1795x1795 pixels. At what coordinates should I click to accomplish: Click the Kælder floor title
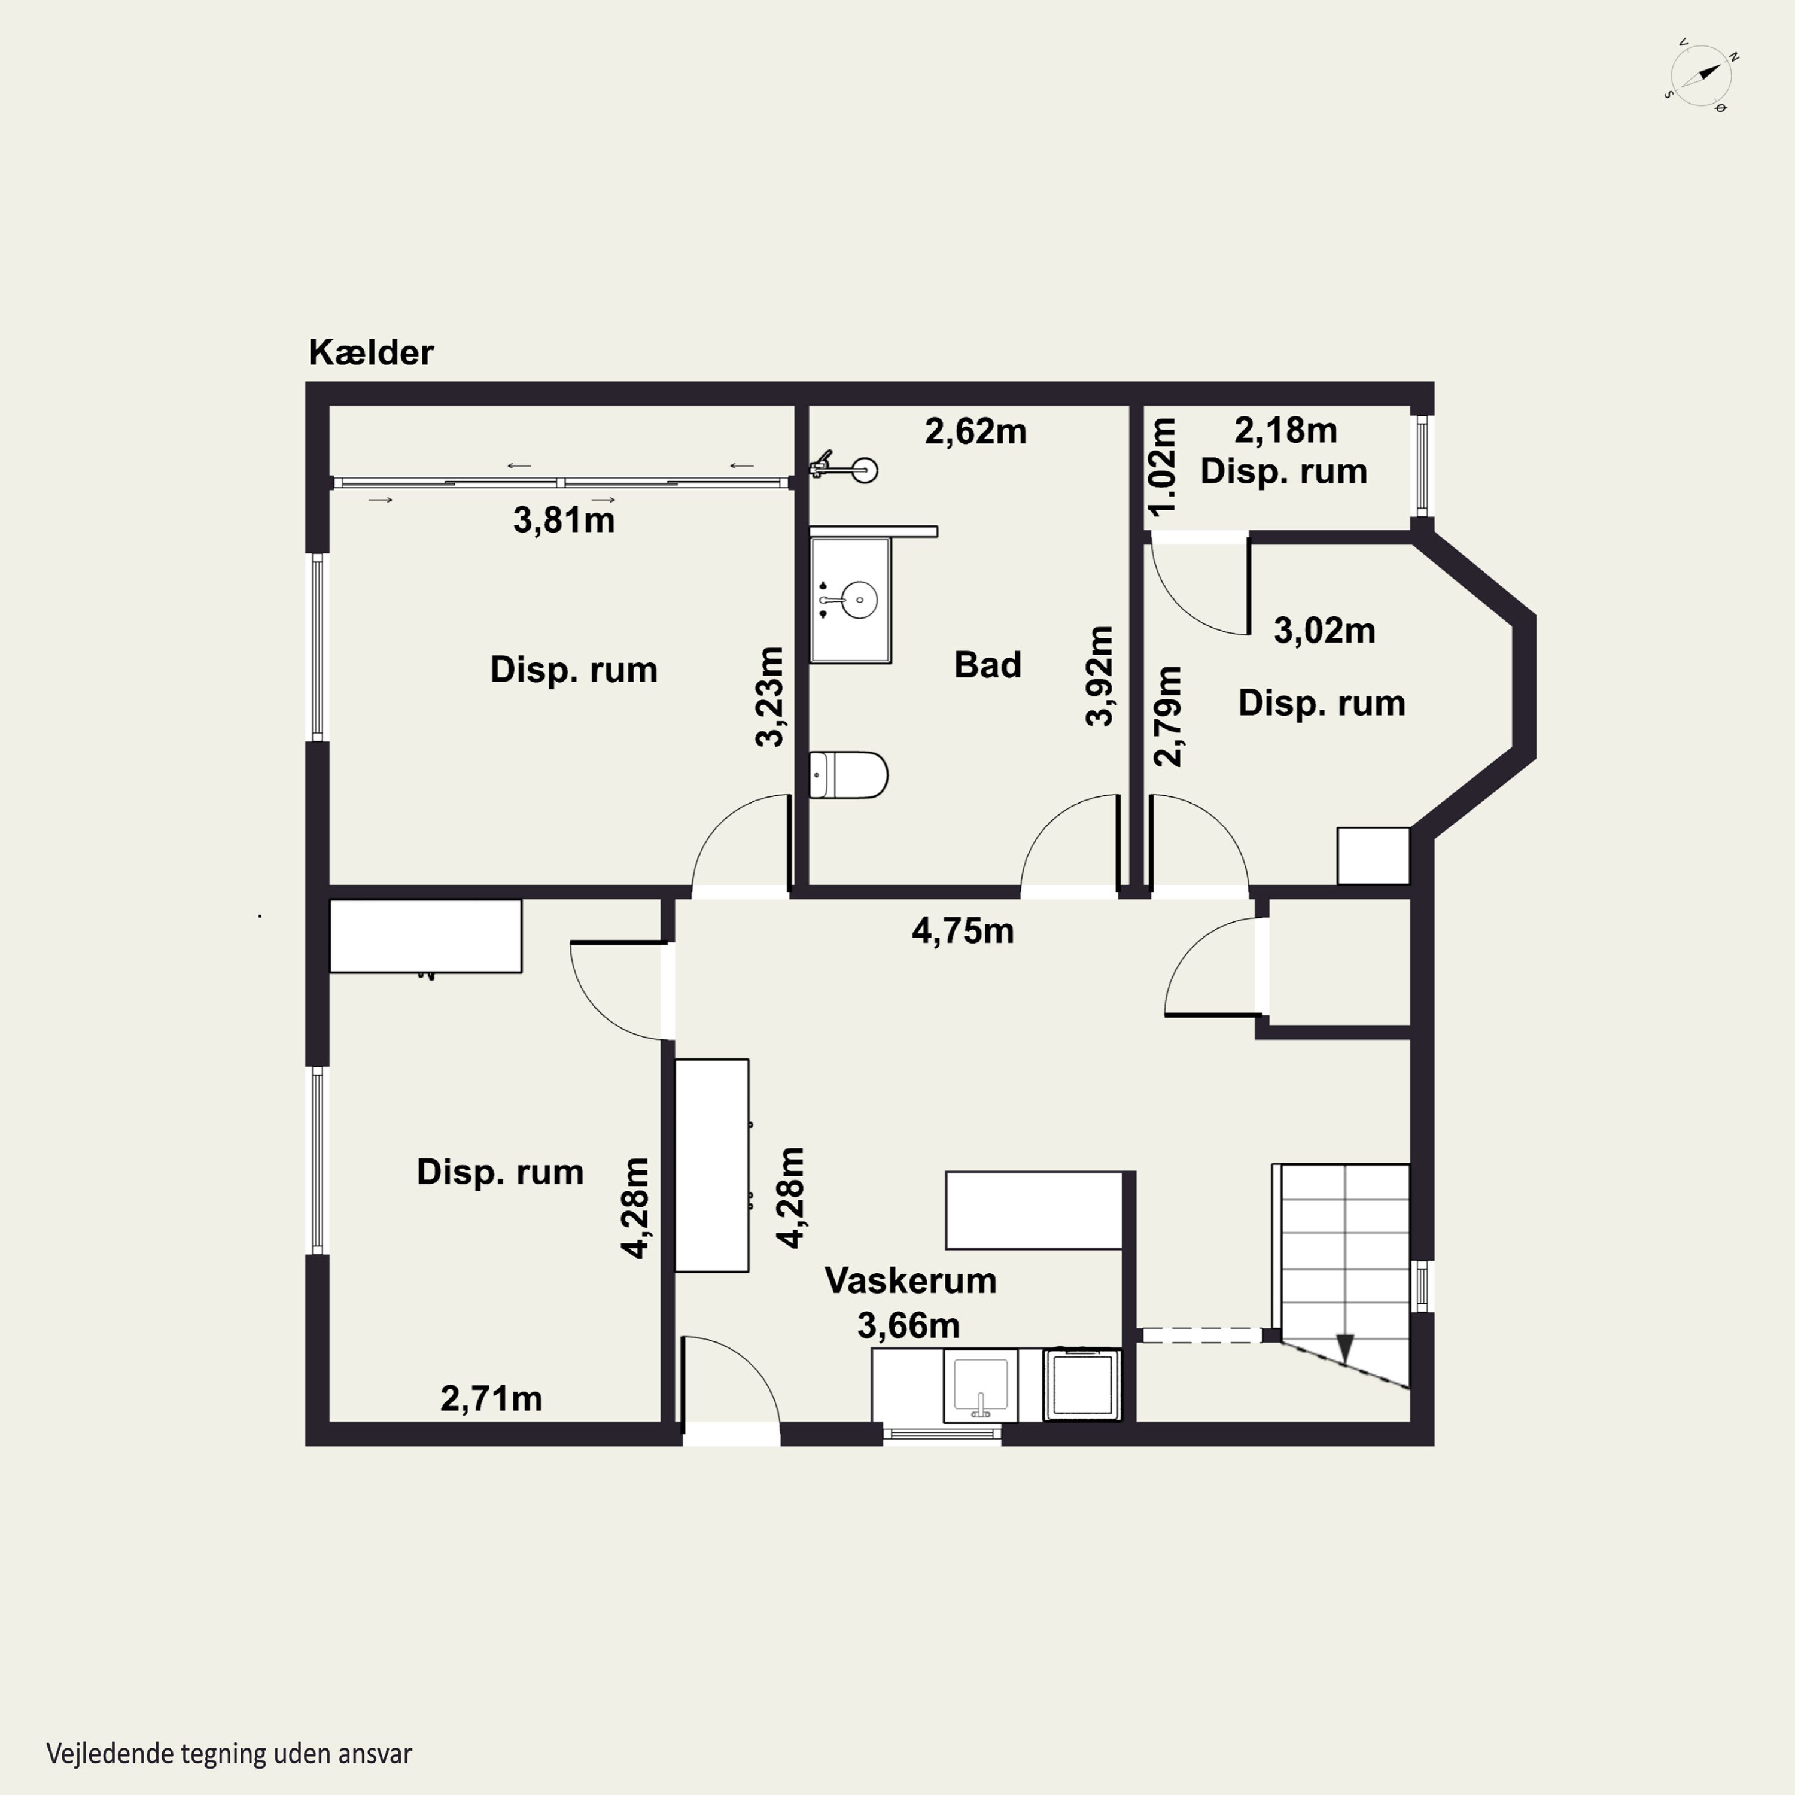click(x=371, y=353)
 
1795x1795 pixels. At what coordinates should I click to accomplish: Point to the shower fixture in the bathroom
click(x=844, y=467)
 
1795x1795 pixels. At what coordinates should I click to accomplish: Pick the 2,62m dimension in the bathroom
click(x=975, y=432)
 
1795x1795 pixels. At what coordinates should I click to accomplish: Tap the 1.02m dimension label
click(x=1163, y=467)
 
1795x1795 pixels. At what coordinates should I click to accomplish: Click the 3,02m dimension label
click(x=1324, y=631)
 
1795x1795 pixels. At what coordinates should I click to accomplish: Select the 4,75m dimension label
click(x=963, y=931)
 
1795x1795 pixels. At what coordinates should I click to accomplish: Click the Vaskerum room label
click(x=911, y=1280)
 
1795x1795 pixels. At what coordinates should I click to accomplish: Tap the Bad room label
click(x=988, y=665)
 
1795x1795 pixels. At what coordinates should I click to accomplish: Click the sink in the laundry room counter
click(x=980, y=1385)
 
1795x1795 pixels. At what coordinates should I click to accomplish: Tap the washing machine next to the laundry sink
click(x=1081, y=1385)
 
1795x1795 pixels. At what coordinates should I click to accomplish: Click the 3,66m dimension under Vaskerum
click(x=908, y=1326)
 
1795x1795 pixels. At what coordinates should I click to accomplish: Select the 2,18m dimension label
click(x=1286, y=431)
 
